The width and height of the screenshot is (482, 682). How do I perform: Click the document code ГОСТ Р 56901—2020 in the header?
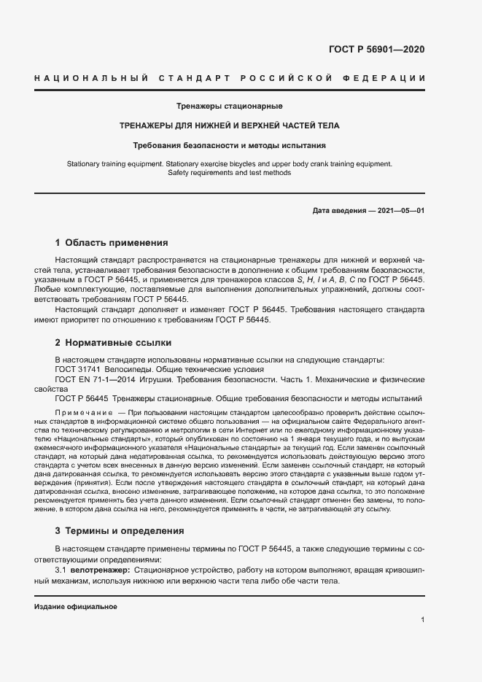point(377,50)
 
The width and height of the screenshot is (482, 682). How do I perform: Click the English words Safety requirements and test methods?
point(229,173)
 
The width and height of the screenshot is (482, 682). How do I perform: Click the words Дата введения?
point(338,210)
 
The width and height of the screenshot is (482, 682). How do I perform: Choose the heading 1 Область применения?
point(112,243)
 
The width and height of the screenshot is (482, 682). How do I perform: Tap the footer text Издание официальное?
point(76,607)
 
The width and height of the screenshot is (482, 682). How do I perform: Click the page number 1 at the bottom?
point(423,621)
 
